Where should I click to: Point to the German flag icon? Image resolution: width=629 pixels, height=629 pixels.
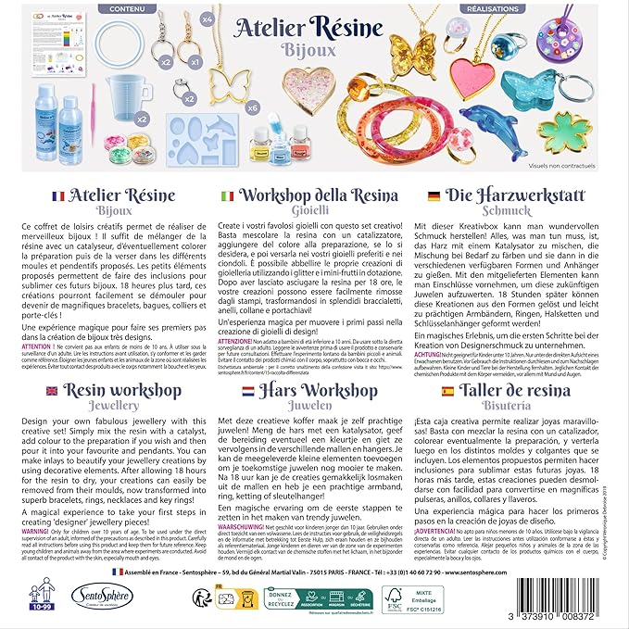(434, 195)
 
